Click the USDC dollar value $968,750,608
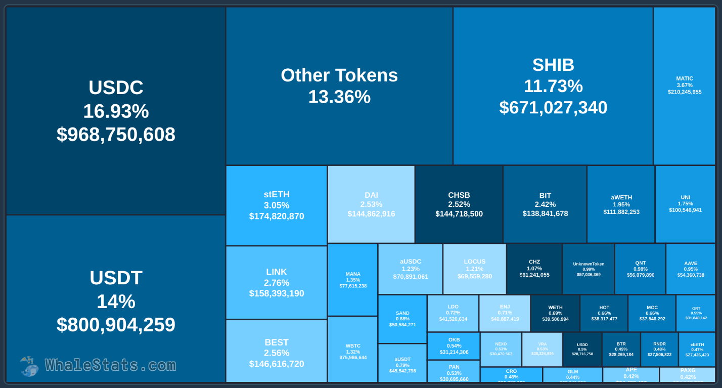pyautogui.click(x=116, y=135)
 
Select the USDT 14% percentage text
pyautogui.click(x=116, y=301)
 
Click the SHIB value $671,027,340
pyautogui.click(x=553, y=108)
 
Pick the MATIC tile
pyautogui.click(x=684, y=85)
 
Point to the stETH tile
pyautogui.click(x=276, y=205)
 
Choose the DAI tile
pyautogui.click(x=371, y=204)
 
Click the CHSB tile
pyautogui.click(x=459, y=204)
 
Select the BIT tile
pyautogui.click(x=545, y=204)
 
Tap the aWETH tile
pyautogui.click(x=621, y=204)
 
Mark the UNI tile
pyautogui.click(x=685, y=204)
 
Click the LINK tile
pyautogui.click(x=276, y=282)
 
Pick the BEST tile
pyautogui.click(x=276, y=353)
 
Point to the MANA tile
pyautogui.click(x=353, y=280)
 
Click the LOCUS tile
pyautogui.click(x=474, y=269)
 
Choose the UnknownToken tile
pyautogui.click(x=589, y=269)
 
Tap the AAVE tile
pyautogui.click(x=691, y=269)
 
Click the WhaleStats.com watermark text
pyautogui.click(x=110, y=365)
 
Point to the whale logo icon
pyautogui.click(x=29, y=366)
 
